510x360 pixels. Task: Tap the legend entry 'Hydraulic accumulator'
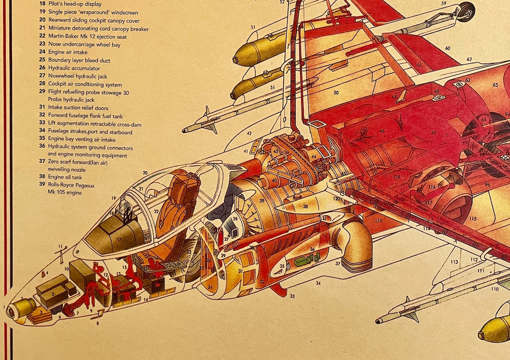tap(74, 68)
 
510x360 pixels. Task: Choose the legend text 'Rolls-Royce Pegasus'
tap(71, 185)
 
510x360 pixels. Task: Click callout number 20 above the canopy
tap(145, 173)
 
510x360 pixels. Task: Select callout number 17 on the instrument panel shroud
tap(119, 239)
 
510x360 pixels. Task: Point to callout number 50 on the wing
tap(336, 93)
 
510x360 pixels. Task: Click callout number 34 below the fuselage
tap(318, 283)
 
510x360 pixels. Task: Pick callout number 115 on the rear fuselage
tap(473, 219)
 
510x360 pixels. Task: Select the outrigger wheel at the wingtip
tap(466, 11)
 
